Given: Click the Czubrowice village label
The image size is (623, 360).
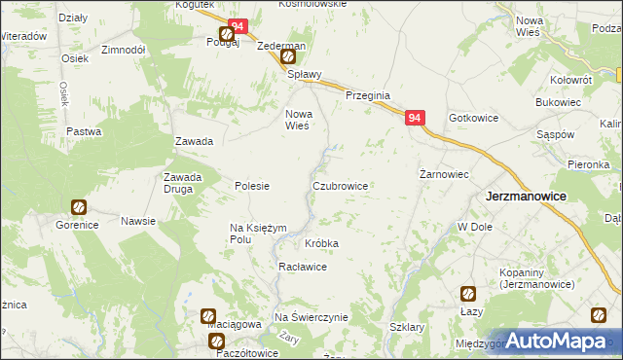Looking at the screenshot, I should tap(340, 185).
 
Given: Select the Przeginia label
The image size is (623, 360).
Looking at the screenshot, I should tap(368, 95).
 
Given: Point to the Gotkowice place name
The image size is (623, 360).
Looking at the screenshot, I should tap(474, 118).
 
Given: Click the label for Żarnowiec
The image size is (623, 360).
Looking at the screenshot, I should tap(445, 174).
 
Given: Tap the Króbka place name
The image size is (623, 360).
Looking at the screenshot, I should tap(321, 242).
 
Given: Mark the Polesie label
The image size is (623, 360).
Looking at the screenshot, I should tap(252, 185).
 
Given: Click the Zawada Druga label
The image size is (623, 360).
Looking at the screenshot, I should tap(183, 183).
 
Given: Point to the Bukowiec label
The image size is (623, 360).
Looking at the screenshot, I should tap(559, 101).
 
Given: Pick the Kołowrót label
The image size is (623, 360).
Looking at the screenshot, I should tap(570, 78).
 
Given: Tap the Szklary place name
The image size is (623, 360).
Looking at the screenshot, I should tap(407, 328).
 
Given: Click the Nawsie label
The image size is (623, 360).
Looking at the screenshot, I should tap(138, 221).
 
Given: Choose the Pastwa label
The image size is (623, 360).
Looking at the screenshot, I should tap(84, 131).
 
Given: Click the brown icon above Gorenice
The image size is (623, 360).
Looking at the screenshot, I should tap(78, 207).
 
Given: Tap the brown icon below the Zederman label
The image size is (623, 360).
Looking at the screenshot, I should tap(289, 57).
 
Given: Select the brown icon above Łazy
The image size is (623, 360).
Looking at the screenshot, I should tap(468, 292).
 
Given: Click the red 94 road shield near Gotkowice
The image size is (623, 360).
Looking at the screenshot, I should tap(416, 118).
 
